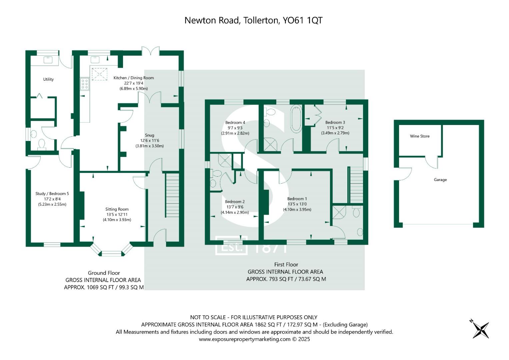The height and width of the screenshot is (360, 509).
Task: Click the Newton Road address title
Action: pos(253,20)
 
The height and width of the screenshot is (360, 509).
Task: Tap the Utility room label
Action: pos(48,79)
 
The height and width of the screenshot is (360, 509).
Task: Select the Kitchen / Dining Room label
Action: pos(134,78)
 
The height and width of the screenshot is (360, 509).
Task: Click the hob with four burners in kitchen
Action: pos(85,84)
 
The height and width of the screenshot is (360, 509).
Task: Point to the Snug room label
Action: pos(149,135)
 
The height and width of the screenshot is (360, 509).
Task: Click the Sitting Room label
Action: pos(117,209)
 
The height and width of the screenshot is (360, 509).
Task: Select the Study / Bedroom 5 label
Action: pos(52,194)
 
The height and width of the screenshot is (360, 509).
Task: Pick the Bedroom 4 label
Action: pos(235,123)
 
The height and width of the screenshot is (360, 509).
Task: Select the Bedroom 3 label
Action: pos(335,123)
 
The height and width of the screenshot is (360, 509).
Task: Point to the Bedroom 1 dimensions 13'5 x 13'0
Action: pos(297,204)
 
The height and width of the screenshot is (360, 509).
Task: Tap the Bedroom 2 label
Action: pos(235,202)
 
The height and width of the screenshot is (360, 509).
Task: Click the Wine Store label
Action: pos(420,136)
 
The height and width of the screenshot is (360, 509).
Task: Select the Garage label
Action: pos(440,180)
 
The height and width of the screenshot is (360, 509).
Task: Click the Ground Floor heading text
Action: pos(104,273)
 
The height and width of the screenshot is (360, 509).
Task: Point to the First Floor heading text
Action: pos(286,265)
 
